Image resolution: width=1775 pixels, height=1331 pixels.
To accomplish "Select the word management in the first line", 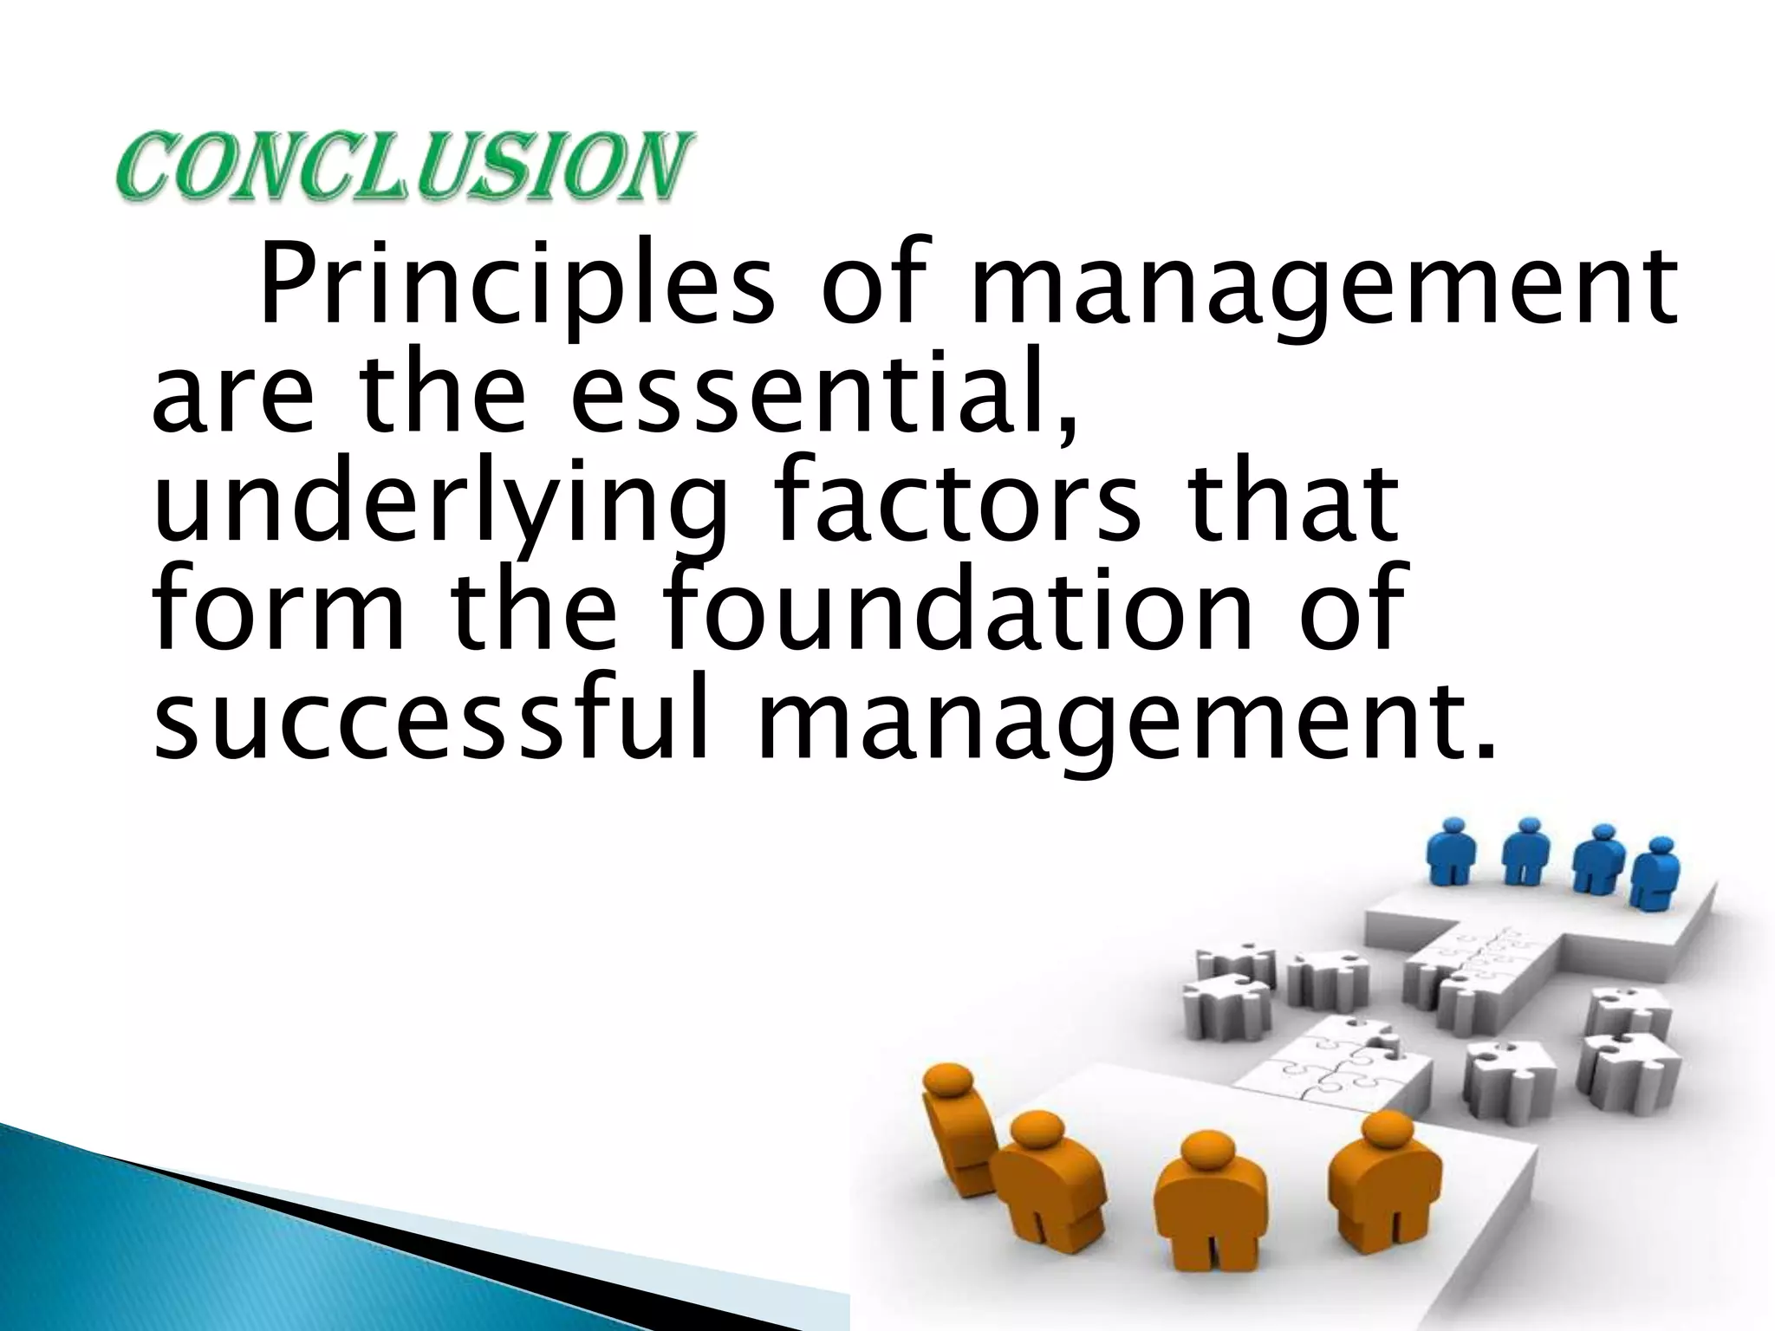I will pos(1323,287).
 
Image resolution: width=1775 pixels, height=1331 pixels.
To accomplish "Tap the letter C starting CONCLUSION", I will pos(143,166).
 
